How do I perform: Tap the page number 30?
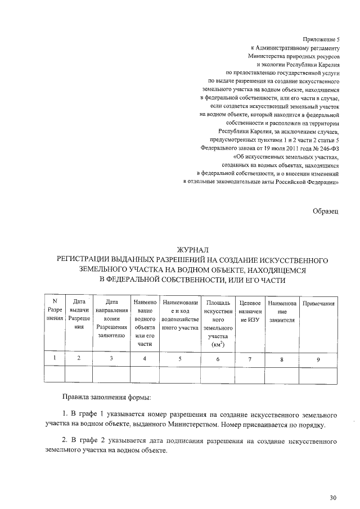(x=332, y=498)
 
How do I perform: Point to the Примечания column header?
(x=319, y=304)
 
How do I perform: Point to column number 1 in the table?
(x=55, y=358)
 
